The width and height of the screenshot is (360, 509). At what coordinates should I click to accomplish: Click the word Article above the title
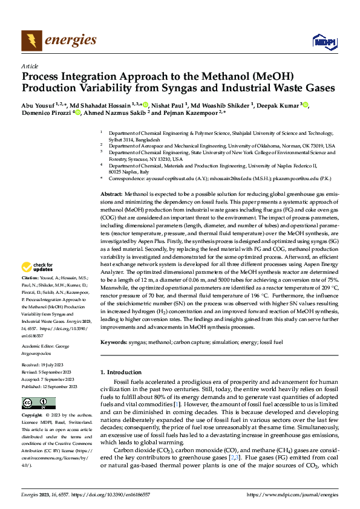point(29,66)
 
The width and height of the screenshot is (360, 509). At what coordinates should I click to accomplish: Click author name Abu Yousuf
point(38,105)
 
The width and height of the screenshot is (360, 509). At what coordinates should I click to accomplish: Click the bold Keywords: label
point(116,342)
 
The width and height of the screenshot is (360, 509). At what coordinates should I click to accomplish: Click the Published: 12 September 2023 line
point(48,386)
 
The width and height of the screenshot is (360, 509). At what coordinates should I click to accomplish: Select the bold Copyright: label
point(33,417)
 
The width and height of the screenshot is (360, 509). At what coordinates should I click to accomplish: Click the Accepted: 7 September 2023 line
point(46,380)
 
